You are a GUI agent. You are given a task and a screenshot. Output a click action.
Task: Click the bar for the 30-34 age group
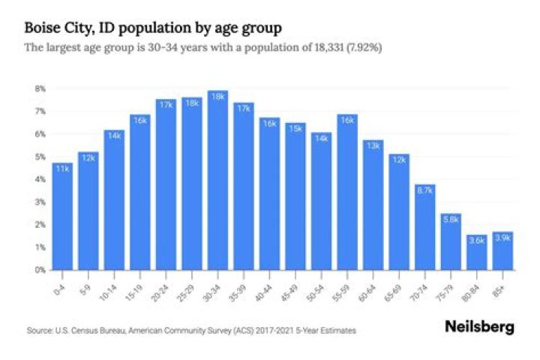[x=217, y=180]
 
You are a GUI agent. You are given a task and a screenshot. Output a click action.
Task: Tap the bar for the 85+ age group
[x=502, y=251]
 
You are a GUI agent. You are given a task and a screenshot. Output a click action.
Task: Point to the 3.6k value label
[x=476, y=240]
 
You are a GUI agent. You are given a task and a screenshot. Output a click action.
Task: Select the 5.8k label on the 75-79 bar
[x=451, y=220]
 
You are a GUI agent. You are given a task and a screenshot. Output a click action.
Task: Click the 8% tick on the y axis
[x=39, y=88]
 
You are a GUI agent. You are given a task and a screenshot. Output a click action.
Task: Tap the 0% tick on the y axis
[x=39, y=269]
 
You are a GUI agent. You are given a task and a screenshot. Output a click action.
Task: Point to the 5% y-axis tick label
[x=39, y=157]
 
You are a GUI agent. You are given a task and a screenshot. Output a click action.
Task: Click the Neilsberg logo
[x=478, y=327]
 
